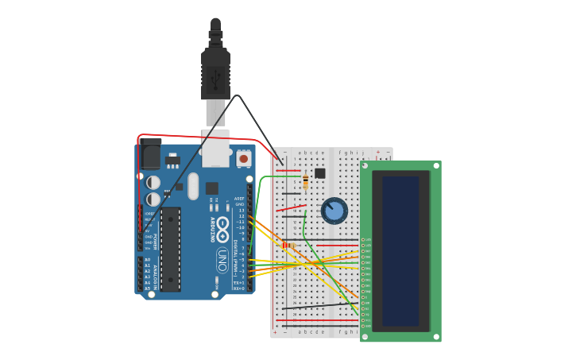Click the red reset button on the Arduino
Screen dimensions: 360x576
tap(243, 159)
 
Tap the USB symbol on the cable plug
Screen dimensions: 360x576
tap(215, 78)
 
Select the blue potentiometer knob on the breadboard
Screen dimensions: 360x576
tap(334, 211)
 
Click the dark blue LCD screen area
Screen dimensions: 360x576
tap(400, 250)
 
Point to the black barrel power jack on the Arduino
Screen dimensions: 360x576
tap(150, 153)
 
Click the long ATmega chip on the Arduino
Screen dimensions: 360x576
tap(170, 249)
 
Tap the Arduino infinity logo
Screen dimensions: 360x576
tap(223, 225)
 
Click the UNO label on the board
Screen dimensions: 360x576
tap(222, 258)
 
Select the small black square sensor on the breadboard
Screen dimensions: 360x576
tap(320, 173)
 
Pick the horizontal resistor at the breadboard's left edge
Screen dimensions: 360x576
tap(288, 246)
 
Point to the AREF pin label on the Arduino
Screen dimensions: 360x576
tap(239, 198)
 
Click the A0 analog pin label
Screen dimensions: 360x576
tap(147, 260)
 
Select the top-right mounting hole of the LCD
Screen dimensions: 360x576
tap(435, 165)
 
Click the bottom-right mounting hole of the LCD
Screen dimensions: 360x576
tap(435, 337)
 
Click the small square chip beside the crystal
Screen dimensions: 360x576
tap(212, 188)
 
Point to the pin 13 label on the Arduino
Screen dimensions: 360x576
tap(241, 210)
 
